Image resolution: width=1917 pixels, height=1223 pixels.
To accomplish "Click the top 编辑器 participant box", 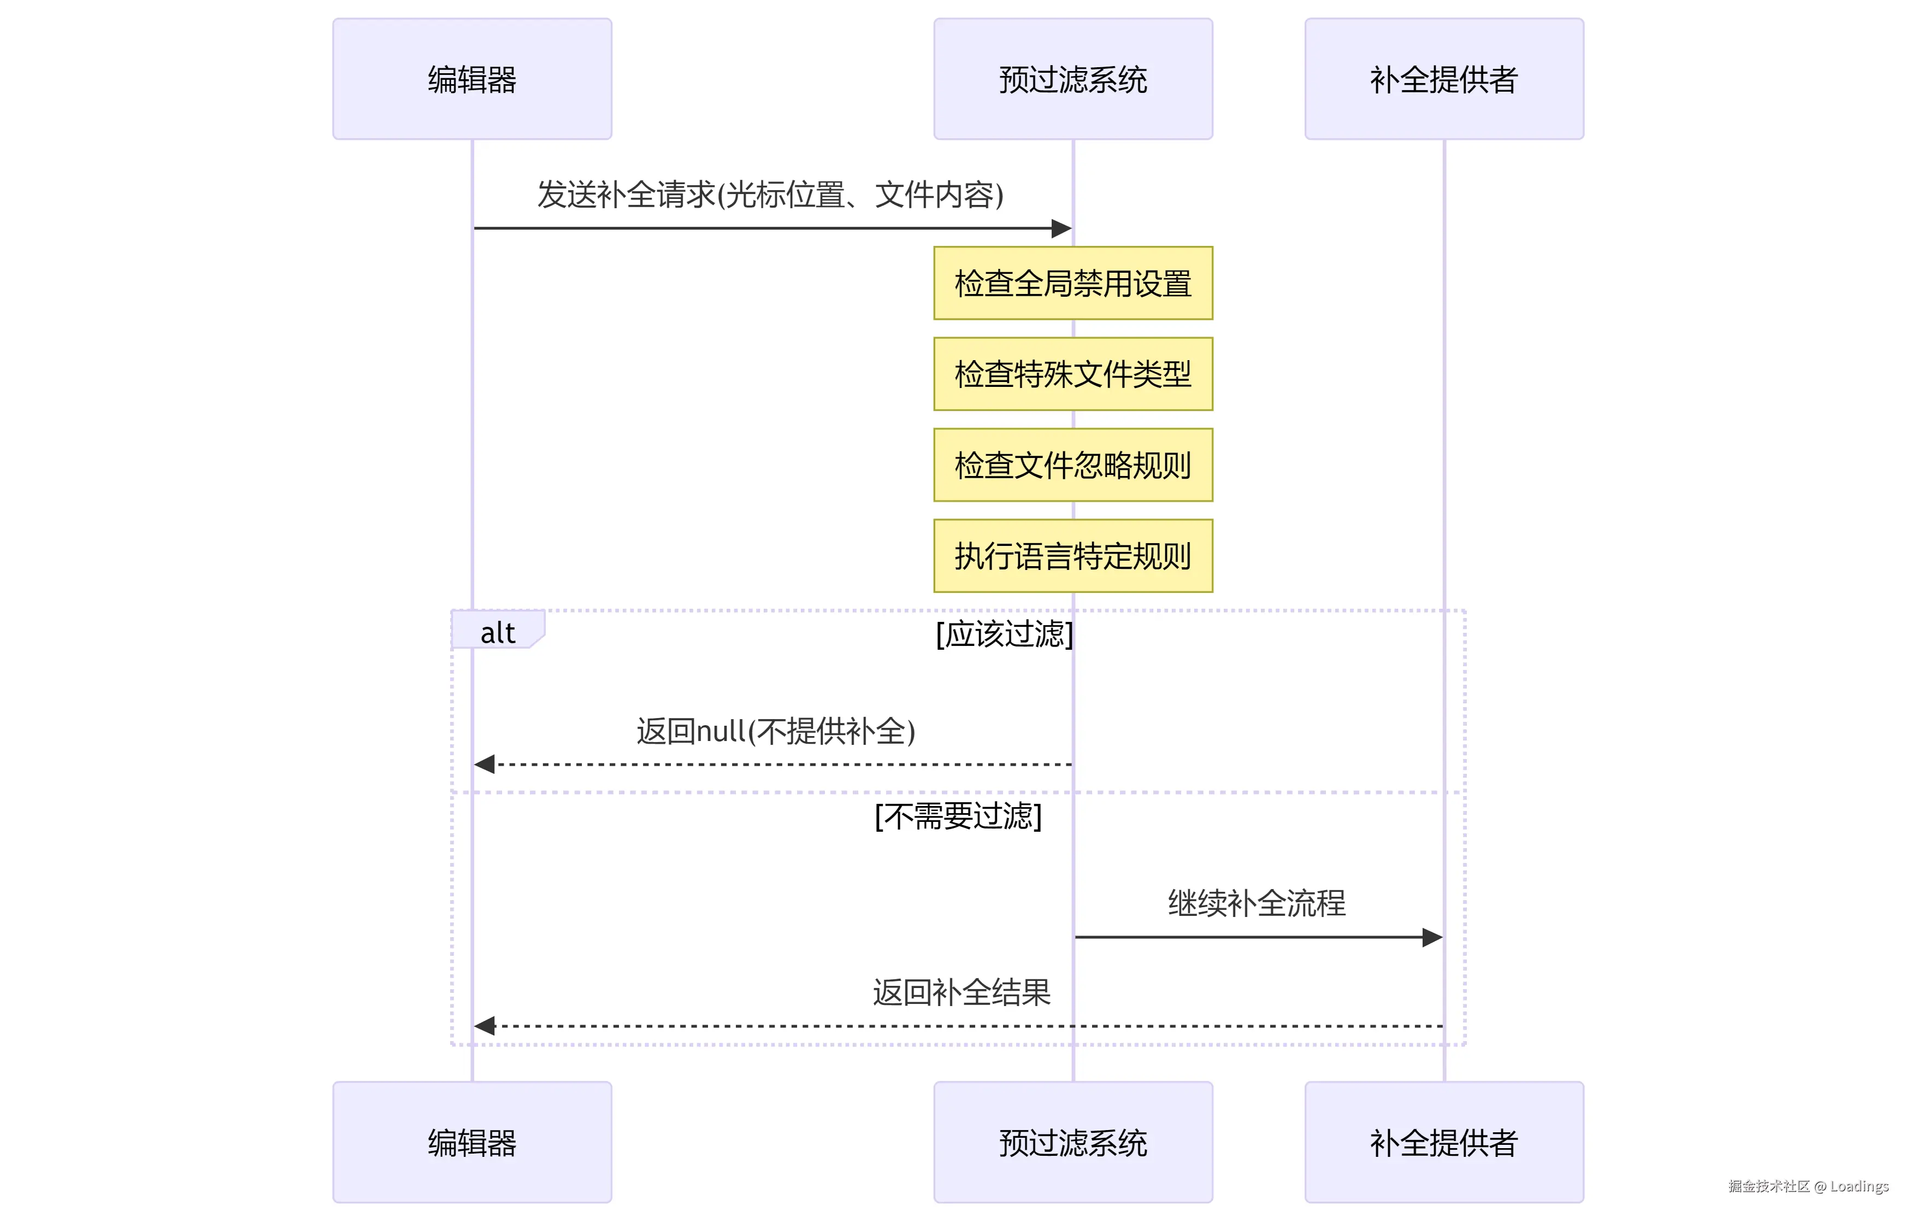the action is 472,79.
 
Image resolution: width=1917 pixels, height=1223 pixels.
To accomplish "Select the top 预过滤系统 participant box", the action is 1073,79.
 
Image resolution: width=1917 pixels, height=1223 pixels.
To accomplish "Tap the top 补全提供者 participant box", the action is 1444,79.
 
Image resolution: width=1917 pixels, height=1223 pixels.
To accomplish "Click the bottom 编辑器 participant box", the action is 472,1142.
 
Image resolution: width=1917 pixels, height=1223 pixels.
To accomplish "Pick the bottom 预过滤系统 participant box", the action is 1073,1142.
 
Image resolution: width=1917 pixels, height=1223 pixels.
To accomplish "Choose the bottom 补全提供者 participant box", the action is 1444,1142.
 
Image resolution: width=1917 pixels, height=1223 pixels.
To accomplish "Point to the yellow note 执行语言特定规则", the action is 1073,556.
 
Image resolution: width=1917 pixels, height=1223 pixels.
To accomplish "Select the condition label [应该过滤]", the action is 1005,634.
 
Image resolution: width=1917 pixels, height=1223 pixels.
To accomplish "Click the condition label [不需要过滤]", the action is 958,816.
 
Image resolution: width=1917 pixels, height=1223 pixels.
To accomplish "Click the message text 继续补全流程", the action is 1257,903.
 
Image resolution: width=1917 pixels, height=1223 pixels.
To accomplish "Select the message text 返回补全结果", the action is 962,992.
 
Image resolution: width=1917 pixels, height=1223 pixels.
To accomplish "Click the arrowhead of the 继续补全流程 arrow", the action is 1432,937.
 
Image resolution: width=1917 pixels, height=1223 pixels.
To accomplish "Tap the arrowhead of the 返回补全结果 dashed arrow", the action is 484,1026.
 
